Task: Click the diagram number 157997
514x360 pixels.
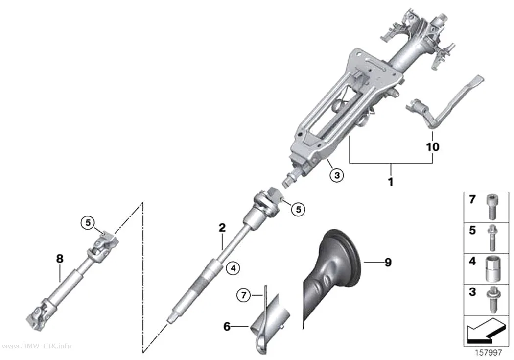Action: [x=489, y=353]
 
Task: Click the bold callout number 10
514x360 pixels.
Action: [x=432, y=147]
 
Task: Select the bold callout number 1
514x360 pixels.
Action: [x=391, y=181]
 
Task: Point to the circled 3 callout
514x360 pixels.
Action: [x=337, y=175]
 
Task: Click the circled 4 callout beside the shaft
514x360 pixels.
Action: [x=233, y=268]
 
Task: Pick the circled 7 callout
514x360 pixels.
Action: [x=244, y=295]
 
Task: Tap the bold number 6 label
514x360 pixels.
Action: [x=227, y=327]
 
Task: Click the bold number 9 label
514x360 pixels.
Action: [x=388, y=263]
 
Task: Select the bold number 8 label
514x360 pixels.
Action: [x=60, y=259]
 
